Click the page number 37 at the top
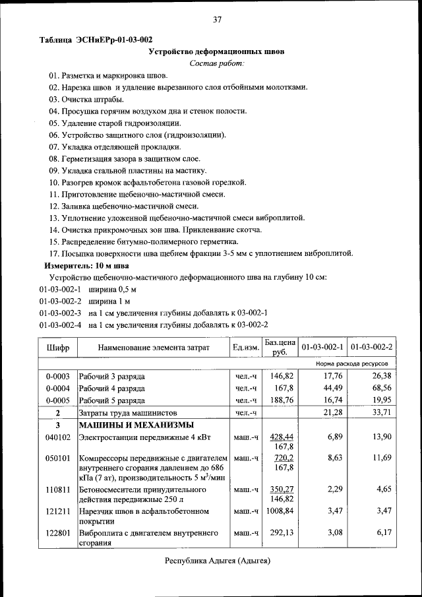click(x=217, y=20)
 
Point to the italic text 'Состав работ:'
click(x=217, y=63)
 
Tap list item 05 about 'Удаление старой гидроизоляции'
click(x=115, y=123)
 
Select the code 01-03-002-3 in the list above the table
click(x=60, y=313)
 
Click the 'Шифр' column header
click(x=58, y=347)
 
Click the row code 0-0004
click(x=58, y=388)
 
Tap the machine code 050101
click(x=58, y=458)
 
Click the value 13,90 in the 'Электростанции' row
click(x=381, y=437)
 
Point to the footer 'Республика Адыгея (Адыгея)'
click(x=217, y=561)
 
